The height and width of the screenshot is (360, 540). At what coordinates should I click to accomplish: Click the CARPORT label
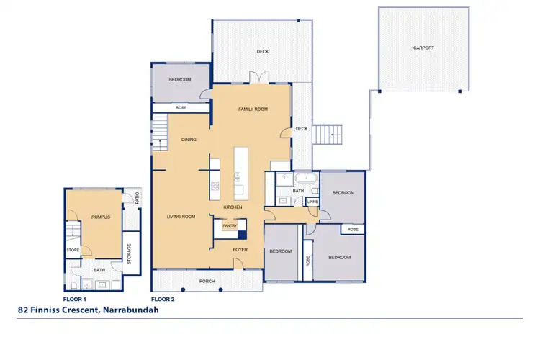point(423,48)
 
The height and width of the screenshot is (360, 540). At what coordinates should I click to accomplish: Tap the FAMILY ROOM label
point(253,109)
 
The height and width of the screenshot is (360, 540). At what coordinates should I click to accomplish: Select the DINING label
point(189,140)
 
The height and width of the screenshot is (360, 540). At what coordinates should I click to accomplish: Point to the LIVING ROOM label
point(181,216)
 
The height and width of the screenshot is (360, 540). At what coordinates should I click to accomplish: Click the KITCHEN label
point(232,207)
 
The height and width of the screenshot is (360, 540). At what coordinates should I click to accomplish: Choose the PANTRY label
point(229,225)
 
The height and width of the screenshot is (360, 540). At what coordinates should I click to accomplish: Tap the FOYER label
point(240,250)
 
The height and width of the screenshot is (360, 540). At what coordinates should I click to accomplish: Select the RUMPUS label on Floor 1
point(101,217)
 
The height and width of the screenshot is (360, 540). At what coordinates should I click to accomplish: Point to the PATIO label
point(137,197)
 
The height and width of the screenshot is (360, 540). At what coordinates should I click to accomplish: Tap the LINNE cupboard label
point(312,202)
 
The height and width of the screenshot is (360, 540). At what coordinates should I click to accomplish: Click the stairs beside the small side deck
point(332,133)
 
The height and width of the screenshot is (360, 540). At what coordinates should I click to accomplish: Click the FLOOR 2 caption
point(162,298)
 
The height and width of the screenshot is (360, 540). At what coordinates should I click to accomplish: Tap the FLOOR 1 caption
point(75,298)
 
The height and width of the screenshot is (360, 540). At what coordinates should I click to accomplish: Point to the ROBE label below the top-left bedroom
point(181,107)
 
